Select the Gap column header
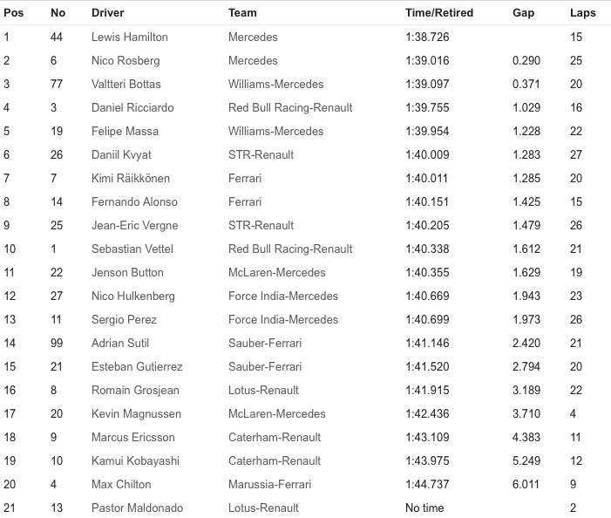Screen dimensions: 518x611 [524, 13]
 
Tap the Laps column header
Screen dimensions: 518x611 [582, 13]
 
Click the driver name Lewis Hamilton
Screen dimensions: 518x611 [130, 37]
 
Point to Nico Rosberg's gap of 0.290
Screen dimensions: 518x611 [526, 61]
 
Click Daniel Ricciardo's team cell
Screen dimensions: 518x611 [290, 108]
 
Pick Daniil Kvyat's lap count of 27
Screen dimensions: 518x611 [575, 155]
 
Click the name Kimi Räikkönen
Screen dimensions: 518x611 [131, 179]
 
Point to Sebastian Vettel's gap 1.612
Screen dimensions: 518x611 [526, 249]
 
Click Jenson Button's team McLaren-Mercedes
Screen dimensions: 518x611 [276, 273]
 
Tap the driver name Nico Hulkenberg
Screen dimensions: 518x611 [133, 296]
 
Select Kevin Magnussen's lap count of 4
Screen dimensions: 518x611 [573, 414]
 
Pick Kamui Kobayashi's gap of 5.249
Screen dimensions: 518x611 [526, 461]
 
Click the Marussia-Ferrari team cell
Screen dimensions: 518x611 [269, 485]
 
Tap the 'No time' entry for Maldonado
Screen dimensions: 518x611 [424, 508]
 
